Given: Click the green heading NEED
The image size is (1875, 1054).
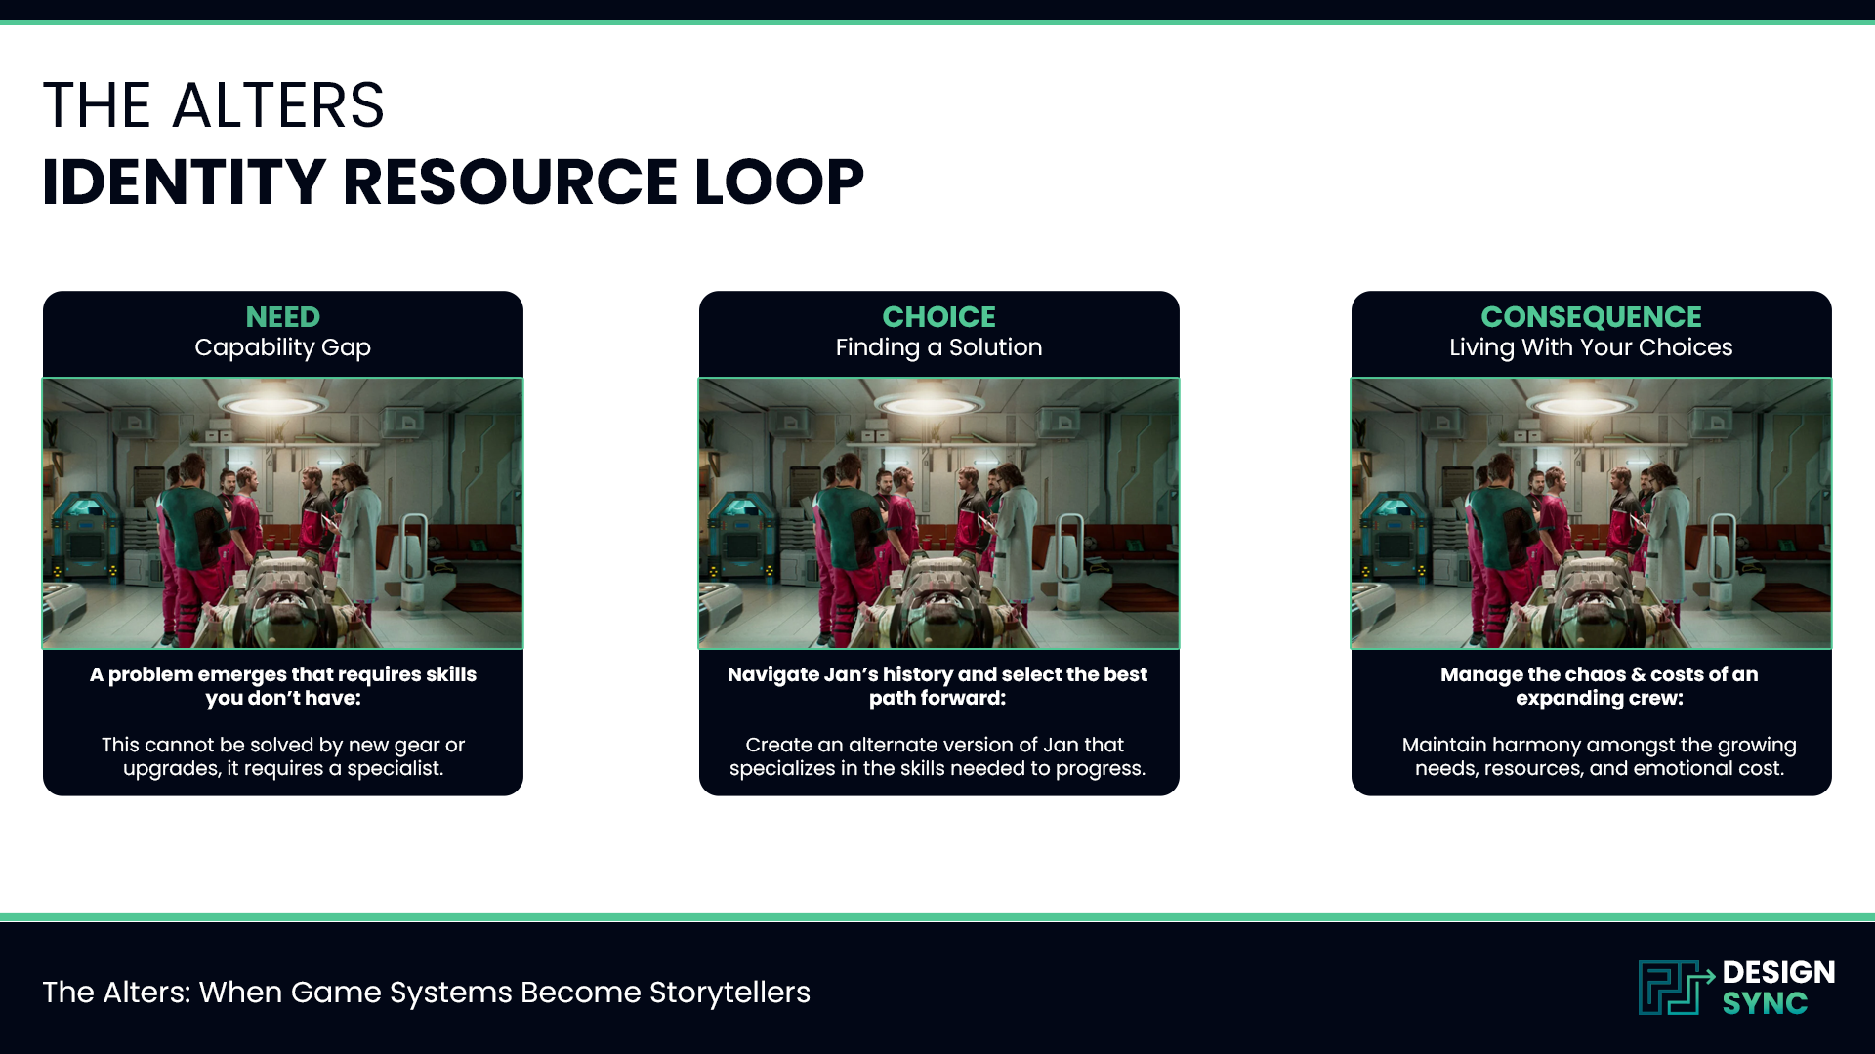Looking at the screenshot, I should coord(282,317).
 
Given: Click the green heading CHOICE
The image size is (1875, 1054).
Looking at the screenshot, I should coord(938,317).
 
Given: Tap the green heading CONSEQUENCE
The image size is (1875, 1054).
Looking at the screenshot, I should coord(1591,317).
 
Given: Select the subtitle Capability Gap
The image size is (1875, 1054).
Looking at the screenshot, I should coord(282,347).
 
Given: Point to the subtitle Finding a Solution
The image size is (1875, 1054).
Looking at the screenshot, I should coord(938,347).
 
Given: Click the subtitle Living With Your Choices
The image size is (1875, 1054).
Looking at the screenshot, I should coord(1591,347).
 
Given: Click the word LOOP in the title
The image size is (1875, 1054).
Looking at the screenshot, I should coord(778,182).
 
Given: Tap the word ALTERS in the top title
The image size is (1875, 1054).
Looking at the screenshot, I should coord(278,105).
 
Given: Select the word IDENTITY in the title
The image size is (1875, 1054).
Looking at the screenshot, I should coord(184,182).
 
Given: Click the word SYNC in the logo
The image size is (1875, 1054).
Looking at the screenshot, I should coord(1765,1003).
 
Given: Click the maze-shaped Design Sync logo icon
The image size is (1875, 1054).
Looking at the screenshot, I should coord(1674,988).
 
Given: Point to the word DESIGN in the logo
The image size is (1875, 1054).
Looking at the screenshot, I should coord(1778,972).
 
